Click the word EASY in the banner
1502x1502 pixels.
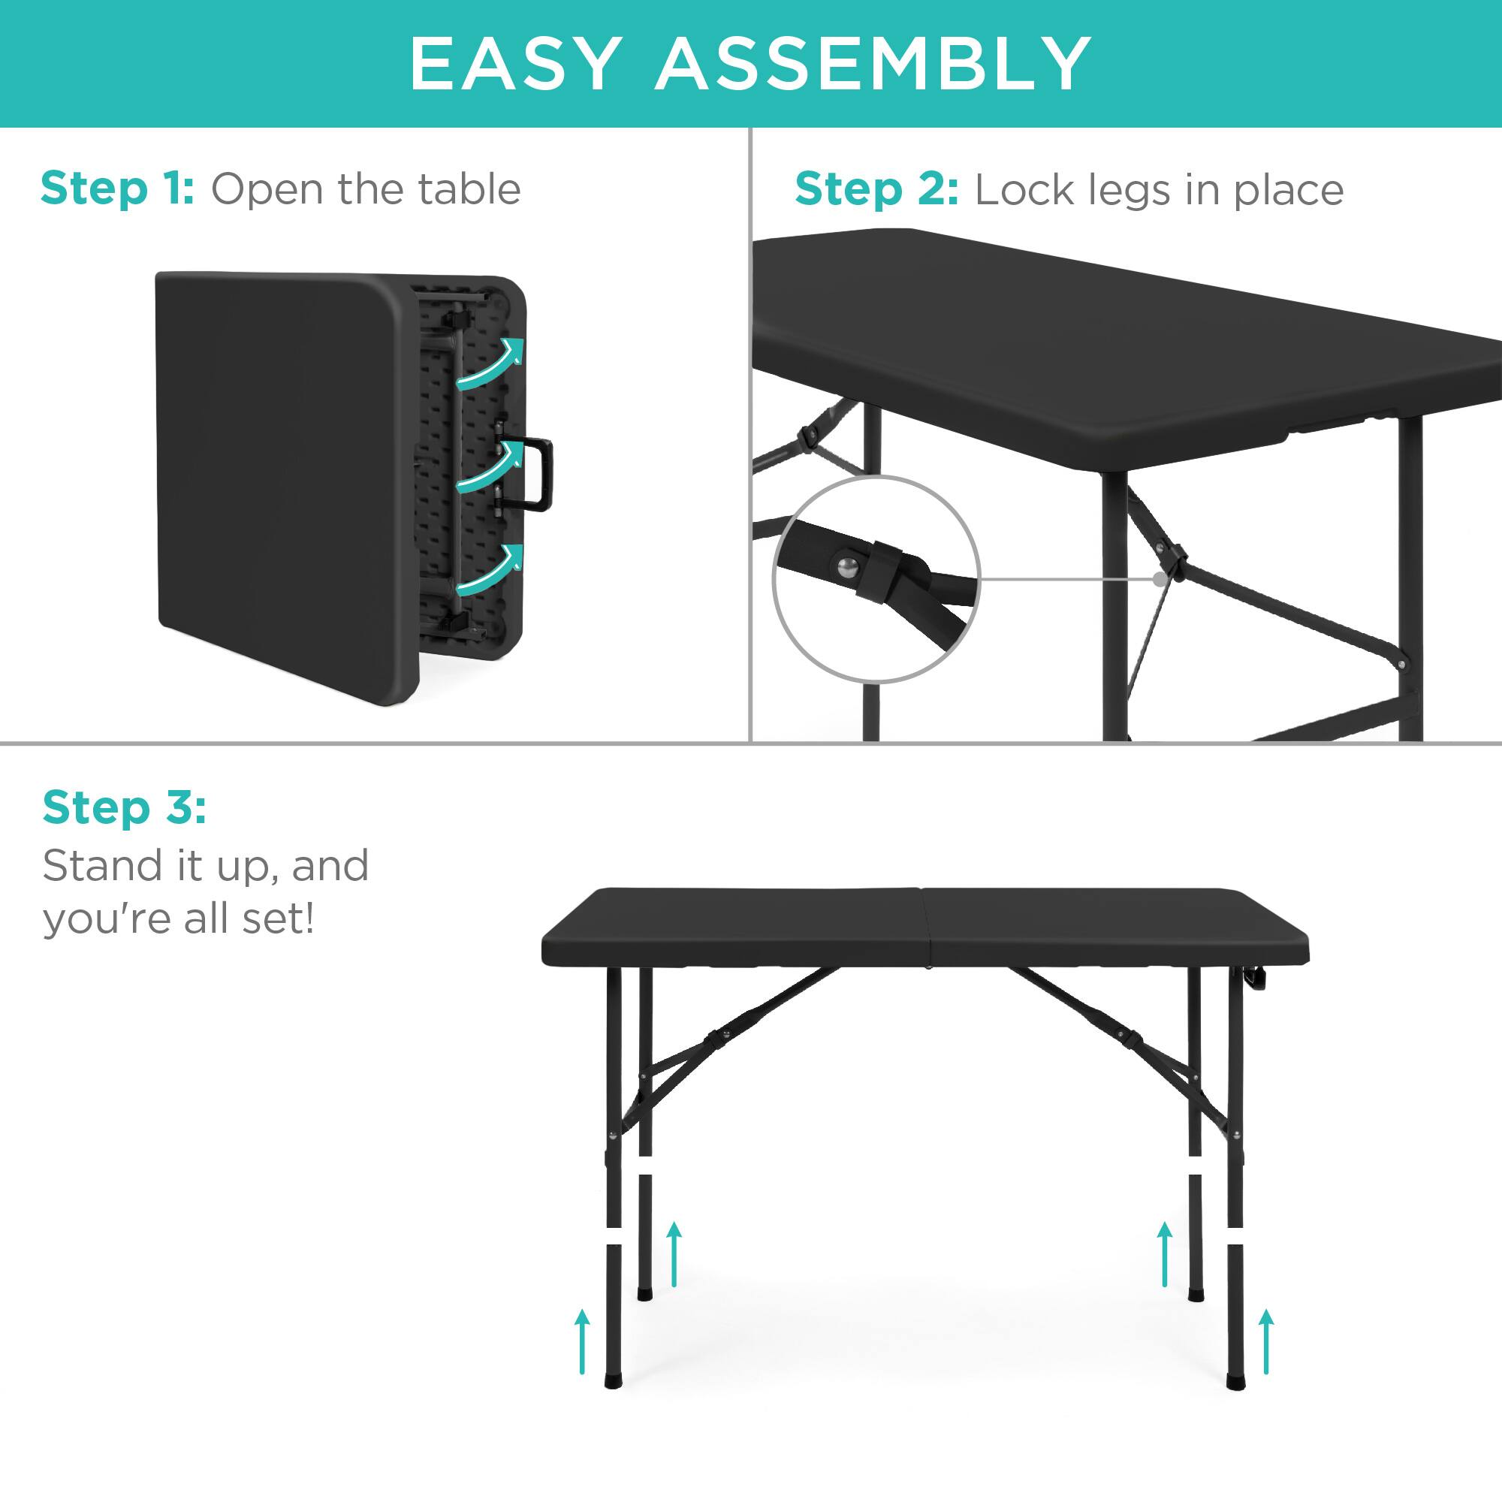(x=515, y=63)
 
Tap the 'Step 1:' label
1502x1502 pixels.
(x=117, y=189)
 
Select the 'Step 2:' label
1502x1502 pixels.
(x=876, y=191)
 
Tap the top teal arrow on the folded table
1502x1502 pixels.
(x=488, y=363)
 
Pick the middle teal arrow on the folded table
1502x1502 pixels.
(x=487, y=467)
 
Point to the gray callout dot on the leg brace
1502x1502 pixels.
(x=1160, y=579)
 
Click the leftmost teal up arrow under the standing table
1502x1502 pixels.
(x=582, y=1352)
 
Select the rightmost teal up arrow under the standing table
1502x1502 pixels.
(x=1266, y=1352)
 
